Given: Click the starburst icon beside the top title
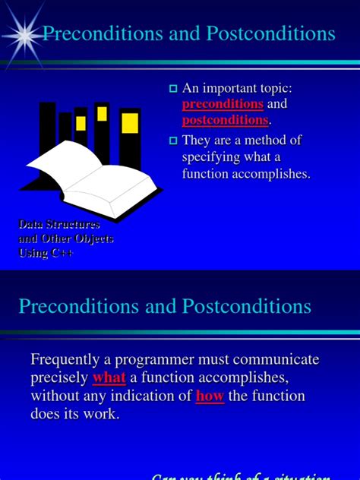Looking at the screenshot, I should tap(25, 33).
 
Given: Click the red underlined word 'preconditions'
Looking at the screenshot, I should tap(223, 104).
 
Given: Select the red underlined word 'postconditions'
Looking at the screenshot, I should tap(225, 120).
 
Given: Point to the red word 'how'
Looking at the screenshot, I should tap(210, 396).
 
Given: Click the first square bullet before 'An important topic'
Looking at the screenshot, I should tap(172, 89).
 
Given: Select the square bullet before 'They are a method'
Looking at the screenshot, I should tap(172, 141).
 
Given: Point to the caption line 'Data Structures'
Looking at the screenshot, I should tap(58, 225).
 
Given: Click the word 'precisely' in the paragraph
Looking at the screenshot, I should tap(59, 377).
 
